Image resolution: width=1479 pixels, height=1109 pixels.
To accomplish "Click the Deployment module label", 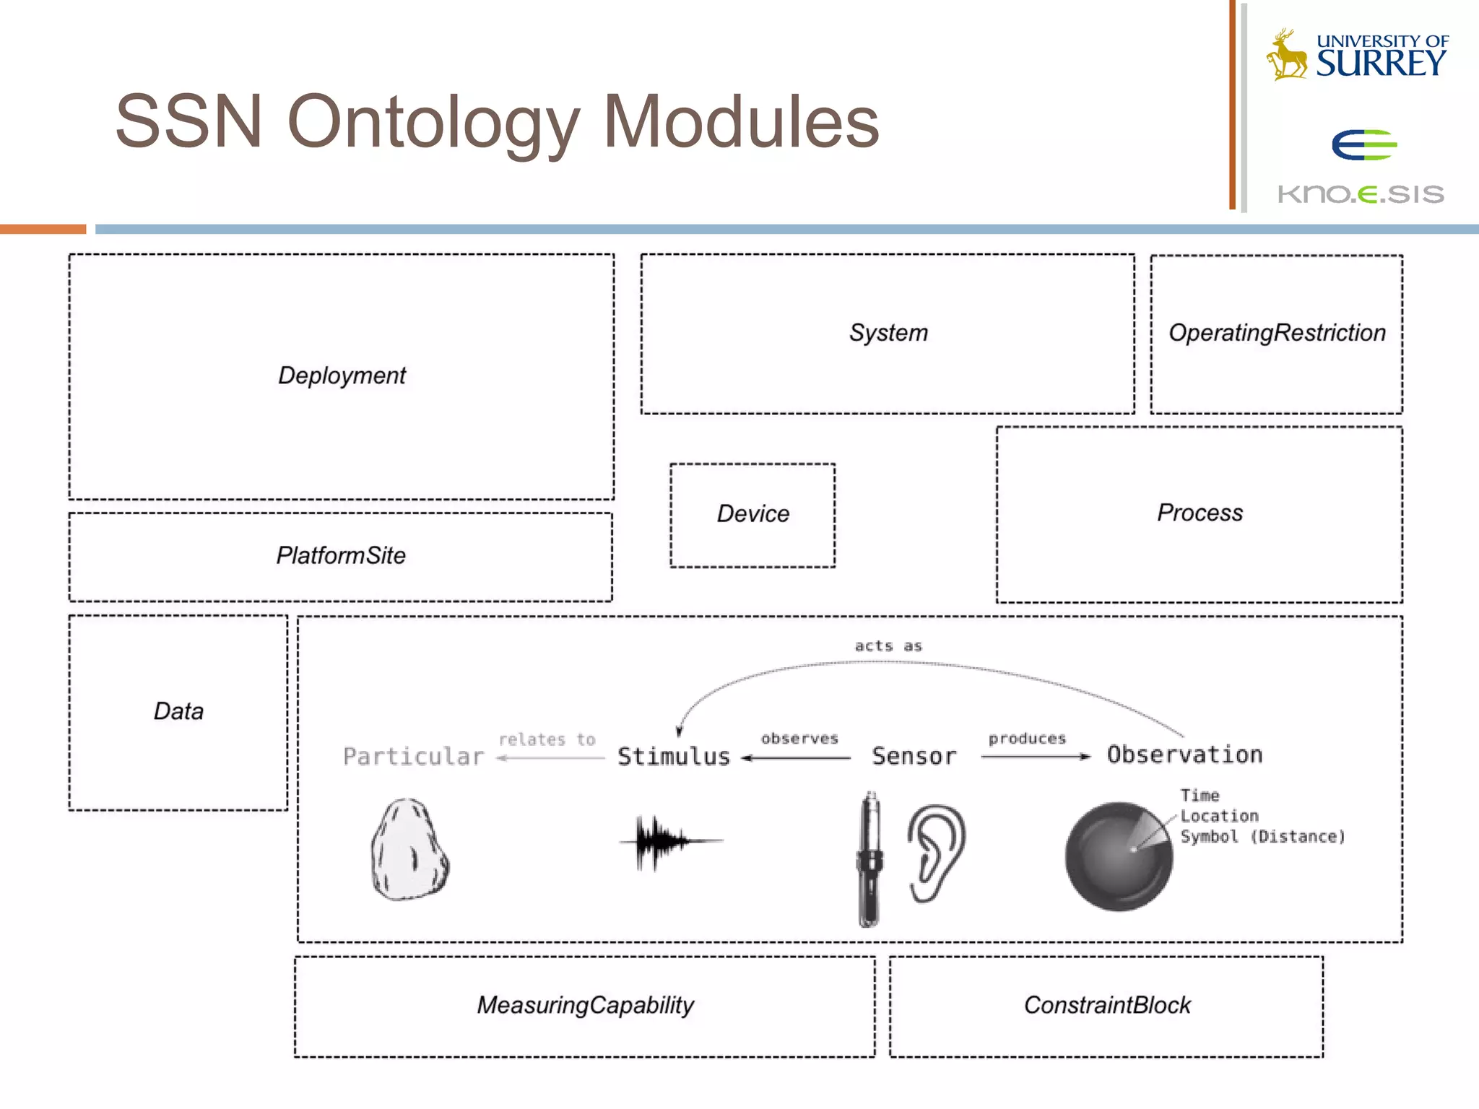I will (342, 375).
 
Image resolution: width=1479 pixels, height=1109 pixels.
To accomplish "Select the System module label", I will (888, 333).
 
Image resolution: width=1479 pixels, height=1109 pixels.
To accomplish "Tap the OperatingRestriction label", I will (1277, 333).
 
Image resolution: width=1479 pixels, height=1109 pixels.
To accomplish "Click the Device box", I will (752, 514).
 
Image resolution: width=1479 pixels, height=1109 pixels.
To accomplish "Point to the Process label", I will (1200, 513).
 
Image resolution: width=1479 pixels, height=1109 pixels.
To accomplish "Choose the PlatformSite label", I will (341, 556).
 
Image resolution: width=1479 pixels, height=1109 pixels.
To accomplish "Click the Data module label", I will (178, 711).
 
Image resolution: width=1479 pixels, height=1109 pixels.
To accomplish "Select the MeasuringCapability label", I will (585, 1005).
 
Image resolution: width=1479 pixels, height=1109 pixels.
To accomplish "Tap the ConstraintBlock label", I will (1107, 1005).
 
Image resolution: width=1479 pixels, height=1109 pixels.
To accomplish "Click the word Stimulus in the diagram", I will (674, 757).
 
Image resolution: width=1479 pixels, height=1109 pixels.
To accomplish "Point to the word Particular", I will (413, 757).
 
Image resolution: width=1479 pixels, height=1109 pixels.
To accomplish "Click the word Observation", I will (1184, 755).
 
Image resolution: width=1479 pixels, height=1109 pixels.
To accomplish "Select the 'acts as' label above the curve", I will (888, 646).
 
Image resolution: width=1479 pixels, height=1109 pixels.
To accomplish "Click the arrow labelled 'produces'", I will (1035, 757).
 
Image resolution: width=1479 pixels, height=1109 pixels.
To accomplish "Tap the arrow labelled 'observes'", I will (797, 757).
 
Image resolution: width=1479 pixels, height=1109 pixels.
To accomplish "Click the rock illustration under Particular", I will (409, 851).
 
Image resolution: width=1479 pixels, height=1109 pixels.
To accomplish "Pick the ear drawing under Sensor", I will (936, 852).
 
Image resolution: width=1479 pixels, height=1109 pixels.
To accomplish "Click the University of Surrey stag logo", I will (1287, 55).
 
